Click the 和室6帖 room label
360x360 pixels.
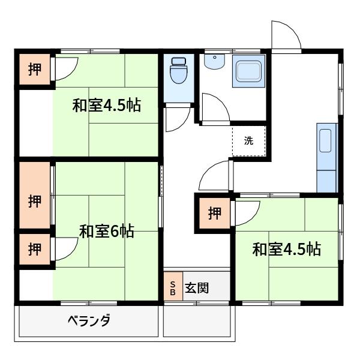click(x=107, y=230)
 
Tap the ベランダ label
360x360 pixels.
click(x=88, y=320)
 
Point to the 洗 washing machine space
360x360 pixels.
click(x=249, y=141)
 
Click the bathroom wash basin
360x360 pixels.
click(x=215, y=60)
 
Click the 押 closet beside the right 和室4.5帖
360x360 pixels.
click(x=214, y=213)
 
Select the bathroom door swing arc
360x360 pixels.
click(x=213, y=108)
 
